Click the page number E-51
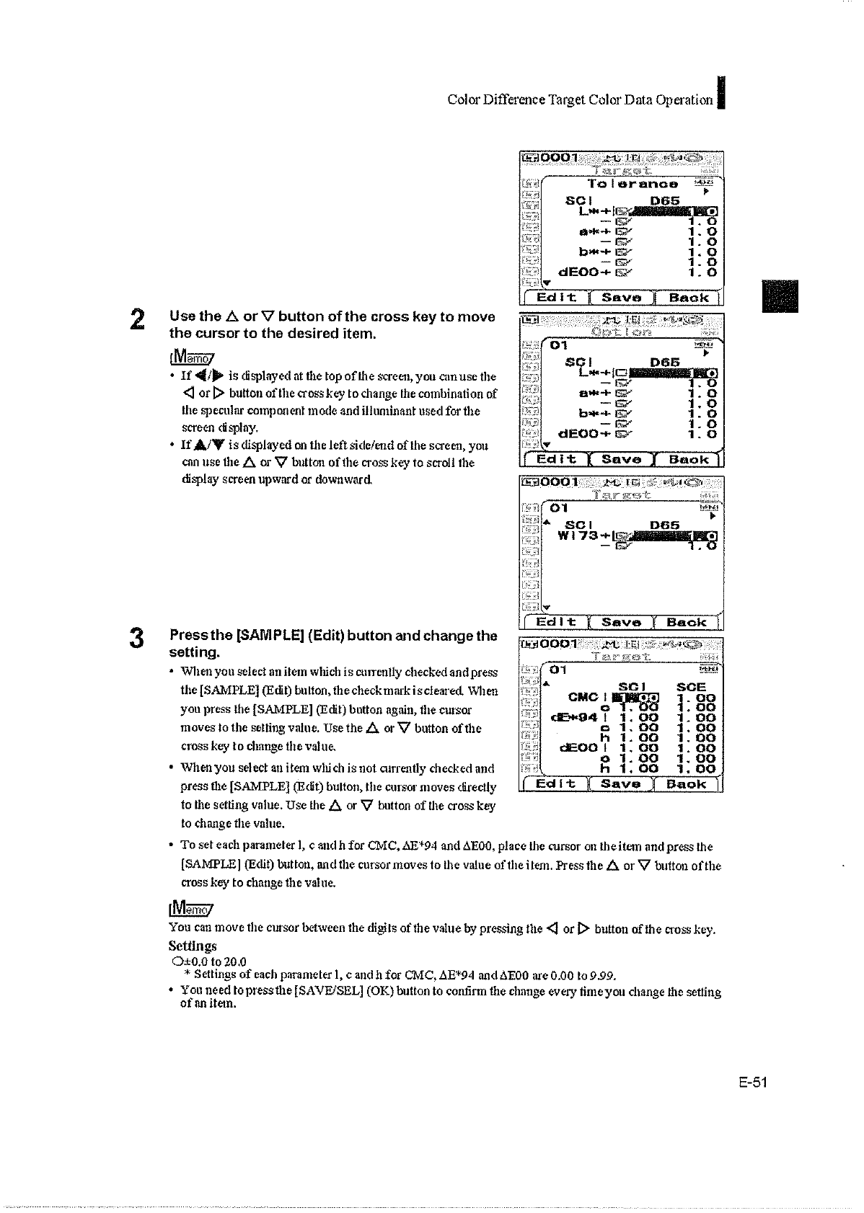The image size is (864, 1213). pos(752,1082)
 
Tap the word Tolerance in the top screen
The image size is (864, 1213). pos(632,185)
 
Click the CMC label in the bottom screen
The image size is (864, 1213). pos(583,697)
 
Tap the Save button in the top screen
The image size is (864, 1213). pos(622,298)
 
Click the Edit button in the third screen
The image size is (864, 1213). pos(557,621)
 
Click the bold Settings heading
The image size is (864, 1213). pos(192,945)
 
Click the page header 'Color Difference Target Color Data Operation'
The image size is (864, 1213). pos(580,100)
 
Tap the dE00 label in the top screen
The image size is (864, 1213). pos(585,273)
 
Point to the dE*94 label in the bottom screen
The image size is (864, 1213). pos(575,717)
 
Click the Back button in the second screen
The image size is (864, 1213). pos(689,459)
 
